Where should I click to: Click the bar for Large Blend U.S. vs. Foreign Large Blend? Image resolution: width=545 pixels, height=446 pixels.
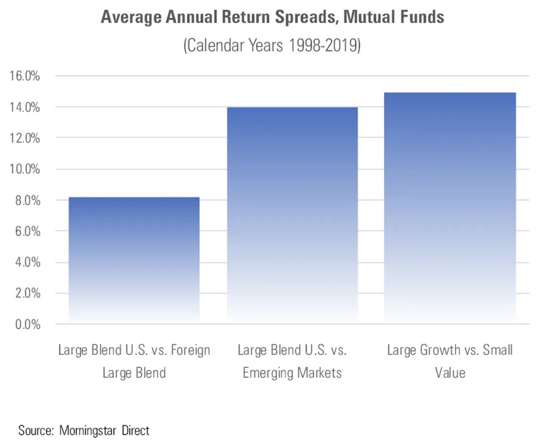134,260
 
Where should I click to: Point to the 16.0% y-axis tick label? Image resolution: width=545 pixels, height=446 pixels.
24,76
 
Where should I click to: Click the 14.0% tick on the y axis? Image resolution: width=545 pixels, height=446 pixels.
24,107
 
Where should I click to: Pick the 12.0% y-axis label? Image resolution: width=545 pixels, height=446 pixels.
24,138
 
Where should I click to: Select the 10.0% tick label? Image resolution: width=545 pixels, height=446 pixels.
24,169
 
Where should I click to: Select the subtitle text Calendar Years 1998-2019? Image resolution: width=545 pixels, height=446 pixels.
272,47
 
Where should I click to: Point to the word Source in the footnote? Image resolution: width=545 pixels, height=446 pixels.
36,430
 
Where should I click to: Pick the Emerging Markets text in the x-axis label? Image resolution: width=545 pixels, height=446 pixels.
292,373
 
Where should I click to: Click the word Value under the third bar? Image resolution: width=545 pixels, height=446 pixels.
449,373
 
